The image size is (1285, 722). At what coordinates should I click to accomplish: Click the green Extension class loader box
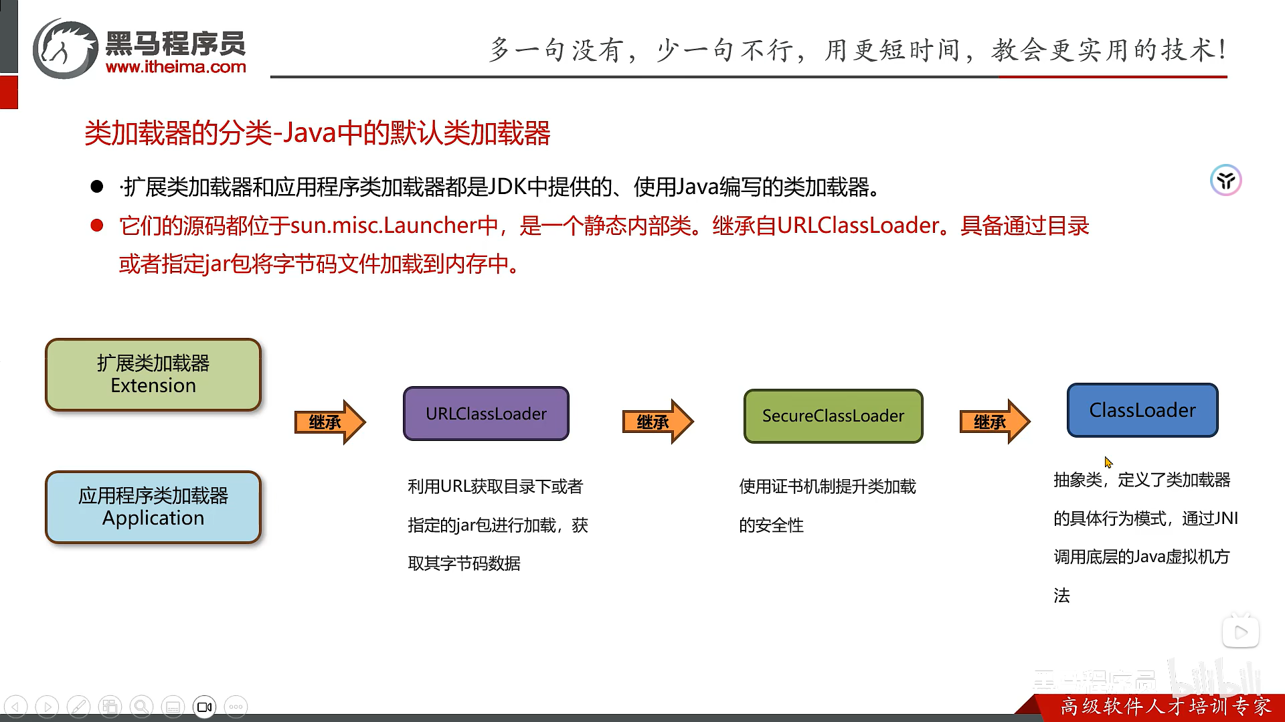[153, 375]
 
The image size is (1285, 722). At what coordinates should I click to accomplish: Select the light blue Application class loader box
[153, 507]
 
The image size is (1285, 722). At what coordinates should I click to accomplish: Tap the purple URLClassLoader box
[486, 414]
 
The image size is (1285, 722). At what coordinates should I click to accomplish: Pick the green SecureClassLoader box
[833, 416]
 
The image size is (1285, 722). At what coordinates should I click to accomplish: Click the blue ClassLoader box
[1142, 410]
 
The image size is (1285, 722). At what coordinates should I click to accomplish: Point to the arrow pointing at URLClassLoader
[329, 422]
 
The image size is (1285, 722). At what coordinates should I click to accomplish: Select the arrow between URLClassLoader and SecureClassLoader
[657, 422]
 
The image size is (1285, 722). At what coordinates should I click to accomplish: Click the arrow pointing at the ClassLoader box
[994, 422]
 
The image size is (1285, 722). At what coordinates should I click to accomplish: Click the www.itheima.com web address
[176, 67]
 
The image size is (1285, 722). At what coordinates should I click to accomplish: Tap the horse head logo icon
[65, 49]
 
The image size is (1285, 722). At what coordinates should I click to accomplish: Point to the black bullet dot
[97, 187]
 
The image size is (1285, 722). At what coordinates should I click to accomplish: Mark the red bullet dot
[97, 225]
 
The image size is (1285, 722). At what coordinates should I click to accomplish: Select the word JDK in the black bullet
[508, 187]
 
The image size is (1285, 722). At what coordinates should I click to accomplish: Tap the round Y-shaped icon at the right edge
[1225, 180]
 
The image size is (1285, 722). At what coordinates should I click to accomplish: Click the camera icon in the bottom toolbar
[205, 707]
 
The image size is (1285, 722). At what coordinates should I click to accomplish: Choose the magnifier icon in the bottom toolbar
[141, 707]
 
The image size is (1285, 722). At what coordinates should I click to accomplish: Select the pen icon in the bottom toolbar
[78, 707]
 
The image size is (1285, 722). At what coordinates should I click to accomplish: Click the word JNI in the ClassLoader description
[1226, 519]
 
